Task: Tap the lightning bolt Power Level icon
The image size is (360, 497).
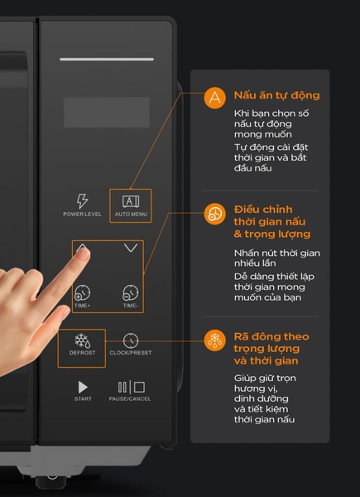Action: click(82, 201)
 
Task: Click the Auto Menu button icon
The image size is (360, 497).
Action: click(131, 201)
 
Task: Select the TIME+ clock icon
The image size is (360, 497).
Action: click(82, 293)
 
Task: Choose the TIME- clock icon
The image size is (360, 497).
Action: click(131, 293)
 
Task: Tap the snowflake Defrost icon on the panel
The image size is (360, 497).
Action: click(82, 340)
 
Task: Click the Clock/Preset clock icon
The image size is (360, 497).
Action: click(131, 340)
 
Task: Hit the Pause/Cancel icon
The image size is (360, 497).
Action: click(131, 388)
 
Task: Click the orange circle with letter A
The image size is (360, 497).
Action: click(214, 98)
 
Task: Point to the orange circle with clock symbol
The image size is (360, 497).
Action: click(214, 214)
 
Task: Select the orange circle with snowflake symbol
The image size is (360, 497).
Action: click(214, 340)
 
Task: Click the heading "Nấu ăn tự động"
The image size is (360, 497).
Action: click(276, 95)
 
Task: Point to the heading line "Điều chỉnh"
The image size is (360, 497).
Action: click(263, 210)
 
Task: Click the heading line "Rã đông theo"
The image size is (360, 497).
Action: click(271, 336)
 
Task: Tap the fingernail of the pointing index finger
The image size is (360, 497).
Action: click(84, 254)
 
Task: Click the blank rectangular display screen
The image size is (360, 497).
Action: click(107, 112)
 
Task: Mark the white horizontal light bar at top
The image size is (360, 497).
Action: click(107, 60)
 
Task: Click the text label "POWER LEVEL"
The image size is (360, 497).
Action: click(82, 215)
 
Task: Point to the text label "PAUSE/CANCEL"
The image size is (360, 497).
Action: click(130, 399)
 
